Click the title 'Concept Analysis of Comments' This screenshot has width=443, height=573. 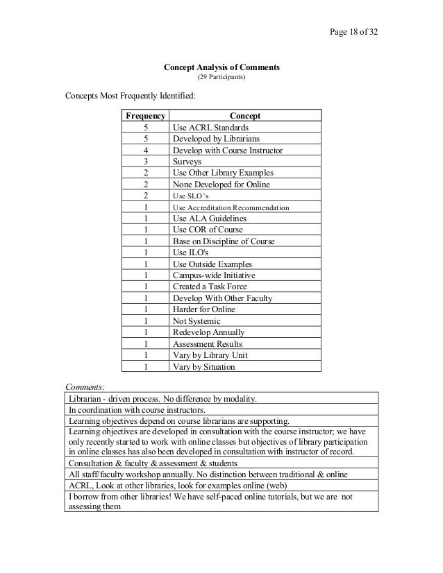click(221, 67)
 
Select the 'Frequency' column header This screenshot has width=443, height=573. click(144, 117)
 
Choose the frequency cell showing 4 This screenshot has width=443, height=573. click(145, 151)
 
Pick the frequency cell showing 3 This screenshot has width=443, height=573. click(145, 162)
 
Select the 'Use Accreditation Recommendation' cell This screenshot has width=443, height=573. click(231, 207)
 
